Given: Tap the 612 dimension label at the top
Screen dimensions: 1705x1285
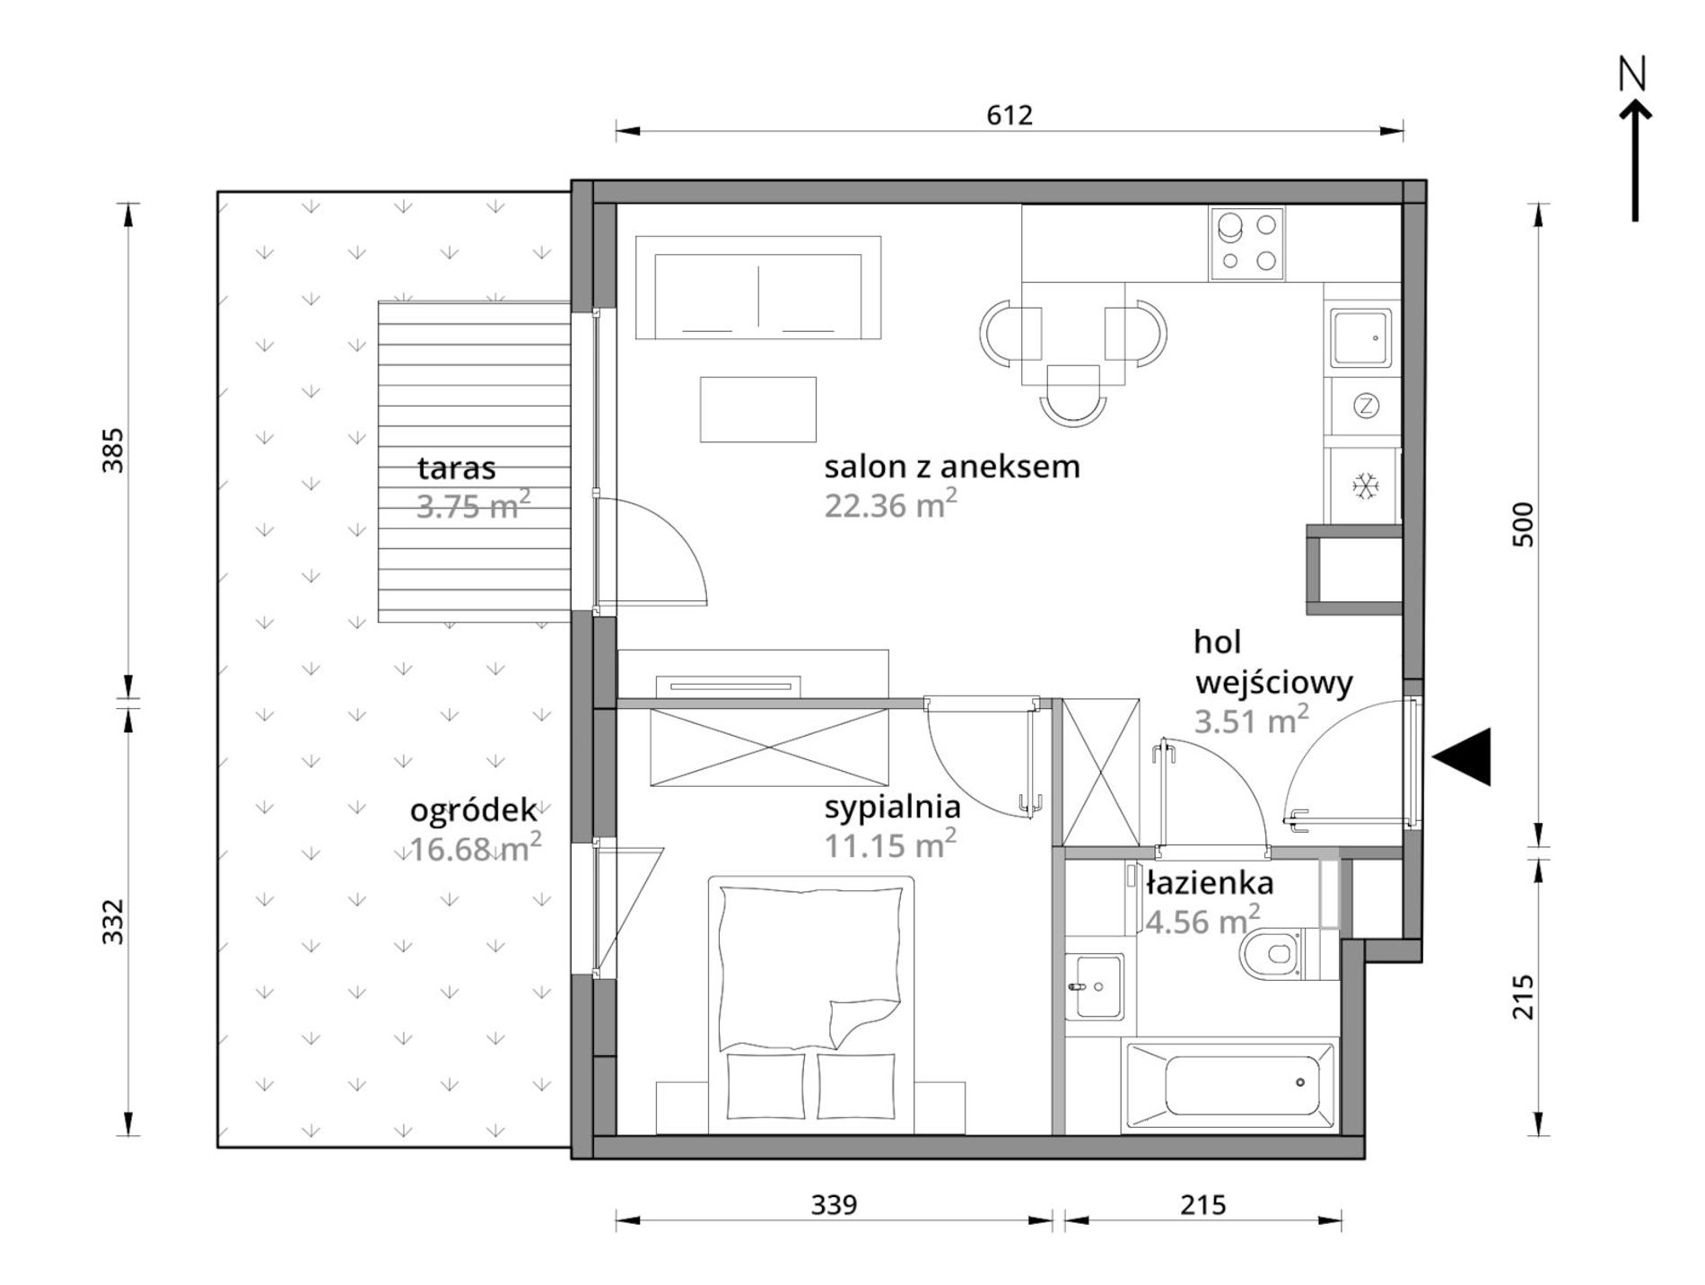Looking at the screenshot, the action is point(1010,115).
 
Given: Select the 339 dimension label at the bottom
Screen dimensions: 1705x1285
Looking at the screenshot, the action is point(834,1204).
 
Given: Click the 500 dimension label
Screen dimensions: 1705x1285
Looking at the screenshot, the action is point(1523,525).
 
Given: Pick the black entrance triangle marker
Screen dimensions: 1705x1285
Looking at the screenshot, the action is point(1462,756).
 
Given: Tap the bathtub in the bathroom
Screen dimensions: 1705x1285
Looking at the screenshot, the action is point(1230,1084).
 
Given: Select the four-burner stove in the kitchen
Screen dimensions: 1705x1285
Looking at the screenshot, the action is point(1246,243).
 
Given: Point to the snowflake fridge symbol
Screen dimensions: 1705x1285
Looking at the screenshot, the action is point(1365,486).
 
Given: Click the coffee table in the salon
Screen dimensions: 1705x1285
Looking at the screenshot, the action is point(757,409).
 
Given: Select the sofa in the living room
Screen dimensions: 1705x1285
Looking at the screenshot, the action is point(758,287).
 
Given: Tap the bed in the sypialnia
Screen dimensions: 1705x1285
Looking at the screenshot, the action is point(810,1005).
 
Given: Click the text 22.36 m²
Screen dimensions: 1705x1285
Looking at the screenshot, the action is point(890,504).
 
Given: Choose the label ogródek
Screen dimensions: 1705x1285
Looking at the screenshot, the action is point(473,811).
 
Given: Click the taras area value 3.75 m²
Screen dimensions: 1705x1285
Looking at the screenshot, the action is point(473,506).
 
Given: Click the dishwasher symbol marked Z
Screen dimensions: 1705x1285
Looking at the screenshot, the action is point(1365,406).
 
